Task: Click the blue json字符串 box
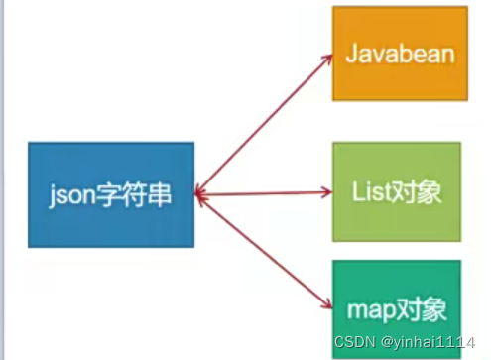coord(111,193)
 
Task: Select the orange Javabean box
coord(398,53)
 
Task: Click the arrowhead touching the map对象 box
coord(327,304)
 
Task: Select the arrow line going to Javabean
coord(263,125)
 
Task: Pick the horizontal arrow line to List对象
coord(263,193)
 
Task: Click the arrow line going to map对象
coord(263,250)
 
